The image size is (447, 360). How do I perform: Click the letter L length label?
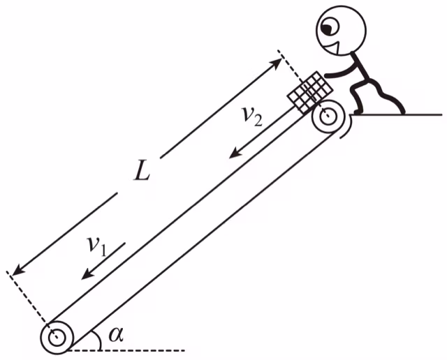tap(142, 172)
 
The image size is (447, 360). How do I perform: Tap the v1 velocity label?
tap(97, 247)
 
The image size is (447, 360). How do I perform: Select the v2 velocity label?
tap(251, 117)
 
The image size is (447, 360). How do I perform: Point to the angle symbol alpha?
tap(117, 335)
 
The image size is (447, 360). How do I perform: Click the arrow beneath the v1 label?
tap(103, 261)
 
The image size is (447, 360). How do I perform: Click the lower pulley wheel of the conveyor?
tap(57, 338)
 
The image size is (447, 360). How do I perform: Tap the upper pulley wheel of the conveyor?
tap(328, 117)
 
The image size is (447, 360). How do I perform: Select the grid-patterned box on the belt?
tap(310, 92)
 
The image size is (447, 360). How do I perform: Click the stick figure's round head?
tap(341, 31)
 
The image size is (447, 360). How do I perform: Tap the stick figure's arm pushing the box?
tap(341, 70)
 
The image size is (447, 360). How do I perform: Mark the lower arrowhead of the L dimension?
tap(16, 271)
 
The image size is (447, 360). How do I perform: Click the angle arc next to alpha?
tap(98, 340)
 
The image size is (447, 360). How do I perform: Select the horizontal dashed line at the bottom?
tap(126, 350)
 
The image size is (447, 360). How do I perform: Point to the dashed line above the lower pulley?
tap(31, 304)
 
